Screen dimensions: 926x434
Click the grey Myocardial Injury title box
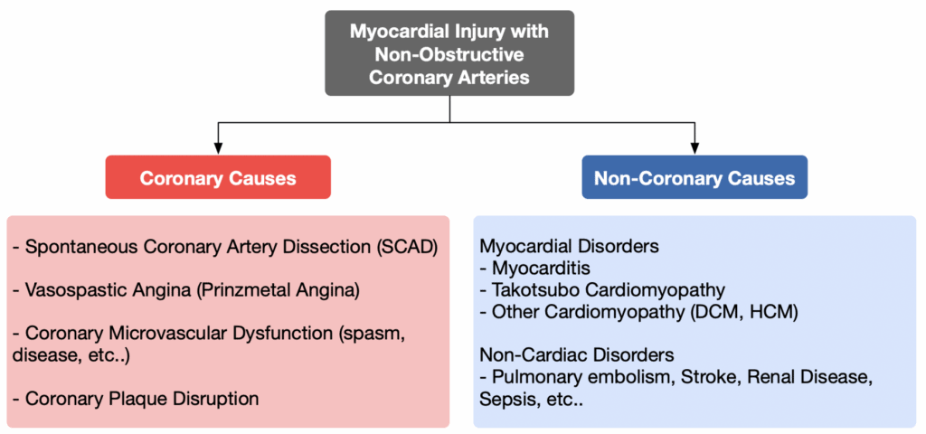pos(449,53)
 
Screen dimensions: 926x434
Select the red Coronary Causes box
pos(218,177)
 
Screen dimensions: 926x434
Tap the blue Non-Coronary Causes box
pos(694,177)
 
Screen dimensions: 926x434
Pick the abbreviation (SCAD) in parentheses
pos(407,248)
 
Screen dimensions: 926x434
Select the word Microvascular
pos(167,334)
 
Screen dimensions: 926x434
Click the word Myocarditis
pos(541,269)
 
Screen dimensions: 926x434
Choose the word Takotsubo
pos(531,290)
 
